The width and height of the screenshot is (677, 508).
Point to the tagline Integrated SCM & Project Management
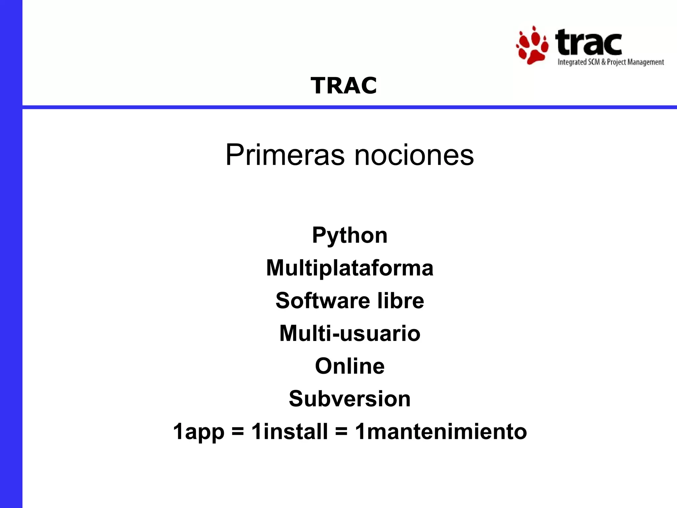pos(611,62)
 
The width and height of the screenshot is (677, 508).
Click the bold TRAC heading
pos(343,86)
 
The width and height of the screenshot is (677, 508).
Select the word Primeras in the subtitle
pos(285,155)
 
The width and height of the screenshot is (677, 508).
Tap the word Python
pos(350,235)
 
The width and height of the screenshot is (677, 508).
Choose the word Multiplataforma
pos(350,268)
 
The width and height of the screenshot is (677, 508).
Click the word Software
pos(323,300)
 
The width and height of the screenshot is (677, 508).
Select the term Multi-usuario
pos(350,333)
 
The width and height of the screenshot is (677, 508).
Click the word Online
pos(350,366)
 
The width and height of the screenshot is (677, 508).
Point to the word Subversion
pos(350,399)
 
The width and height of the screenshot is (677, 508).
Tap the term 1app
pos(199,432)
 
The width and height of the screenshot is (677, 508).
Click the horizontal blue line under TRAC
pos(350,107)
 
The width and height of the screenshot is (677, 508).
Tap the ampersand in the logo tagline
pos(603,62)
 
